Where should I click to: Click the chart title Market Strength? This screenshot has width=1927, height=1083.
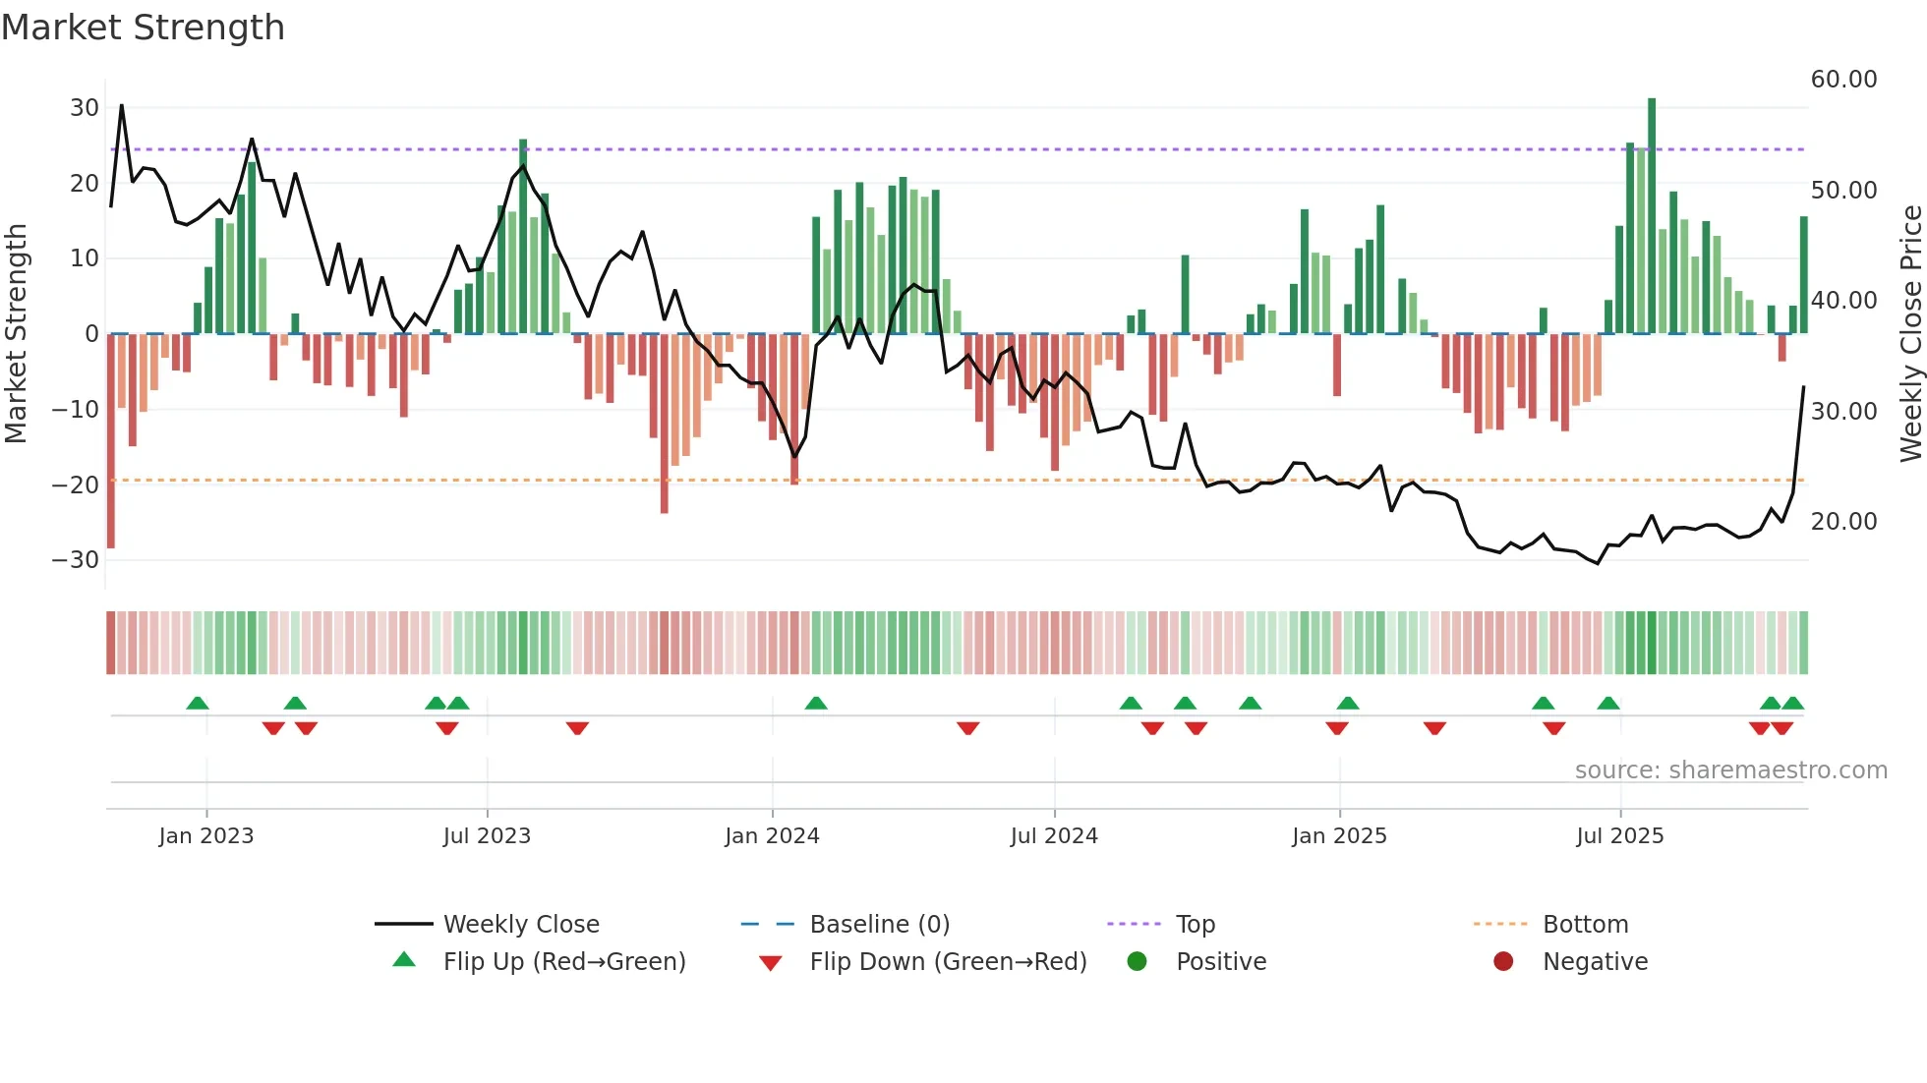pyautogui.click(x=143, y=28)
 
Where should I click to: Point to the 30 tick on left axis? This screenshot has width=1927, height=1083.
pyautogui.click(x=85, y=108)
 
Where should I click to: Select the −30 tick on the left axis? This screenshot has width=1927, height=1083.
pyautogui.click(x=76, y=560)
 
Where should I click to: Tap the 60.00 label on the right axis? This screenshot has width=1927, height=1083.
pyautogui.click(x=1843, y=80)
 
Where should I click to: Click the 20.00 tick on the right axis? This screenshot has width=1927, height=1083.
pyautogui.click(x=1843, y=522)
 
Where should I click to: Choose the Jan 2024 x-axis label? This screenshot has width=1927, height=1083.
pyautogui.click(x=772, y=836)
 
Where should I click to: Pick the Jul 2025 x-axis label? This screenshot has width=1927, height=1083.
pyautogui.click(x=1619, y=836)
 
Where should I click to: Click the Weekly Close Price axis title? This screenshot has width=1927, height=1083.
pyautogui.click(x=1910, y=334)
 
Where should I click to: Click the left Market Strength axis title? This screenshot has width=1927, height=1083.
pyautogui.click(x=16, y=334)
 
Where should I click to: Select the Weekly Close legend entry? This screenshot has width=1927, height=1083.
pyautogui.click(x=520, y=925)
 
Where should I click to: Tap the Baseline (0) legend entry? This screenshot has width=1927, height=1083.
pyautogui.click(x=879, y=925)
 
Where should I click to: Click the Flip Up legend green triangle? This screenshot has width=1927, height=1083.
pyautogui.click(x=404, y=960)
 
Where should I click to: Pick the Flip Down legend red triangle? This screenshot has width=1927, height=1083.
pyautogui.click(x=771, y=963)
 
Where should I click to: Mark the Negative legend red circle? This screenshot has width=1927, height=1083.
pyautogui.click(x=1503, y=962)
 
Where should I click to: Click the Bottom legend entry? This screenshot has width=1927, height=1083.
pyautogui.click(x=1585, y=925)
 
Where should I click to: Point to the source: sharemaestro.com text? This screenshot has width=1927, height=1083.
pyautogui.click(x=1730, y=770)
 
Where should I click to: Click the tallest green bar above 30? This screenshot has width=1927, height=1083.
pyautogui.click(x=1652, y=216)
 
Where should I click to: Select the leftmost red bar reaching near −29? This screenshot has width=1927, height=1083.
pyautogui.click(x=111, y=442)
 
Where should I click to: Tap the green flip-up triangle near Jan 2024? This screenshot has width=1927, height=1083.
pyautogui.click(x=816, y=703)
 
